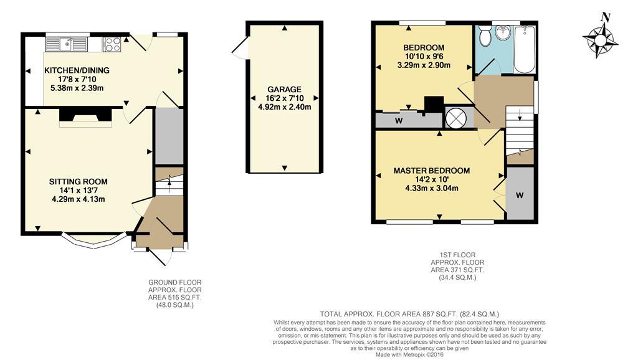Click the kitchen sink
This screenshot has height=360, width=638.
(66, 44)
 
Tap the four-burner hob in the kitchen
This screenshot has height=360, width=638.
(112, 44)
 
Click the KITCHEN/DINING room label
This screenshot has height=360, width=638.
(77, 70)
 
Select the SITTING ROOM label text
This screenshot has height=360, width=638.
(79, 181)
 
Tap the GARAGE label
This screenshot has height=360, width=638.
(284, 90)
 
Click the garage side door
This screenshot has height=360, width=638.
(240, 49)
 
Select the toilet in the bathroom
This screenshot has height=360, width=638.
(485, 36)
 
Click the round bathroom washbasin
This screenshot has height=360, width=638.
(503, 32)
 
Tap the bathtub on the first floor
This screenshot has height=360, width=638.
(525, 49)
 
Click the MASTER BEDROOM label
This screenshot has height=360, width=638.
(432, 171)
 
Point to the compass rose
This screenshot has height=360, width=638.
(601, 40)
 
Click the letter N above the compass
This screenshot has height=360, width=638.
(606, 17)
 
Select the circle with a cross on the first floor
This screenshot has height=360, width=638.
(455, 118)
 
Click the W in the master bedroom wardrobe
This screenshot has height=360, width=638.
(520, 195)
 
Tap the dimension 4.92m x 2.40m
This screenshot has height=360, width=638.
(284, 107)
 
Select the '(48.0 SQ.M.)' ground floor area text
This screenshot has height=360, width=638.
(175, 305)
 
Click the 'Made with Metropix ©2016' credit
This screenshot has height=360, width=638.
(409, 355)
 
